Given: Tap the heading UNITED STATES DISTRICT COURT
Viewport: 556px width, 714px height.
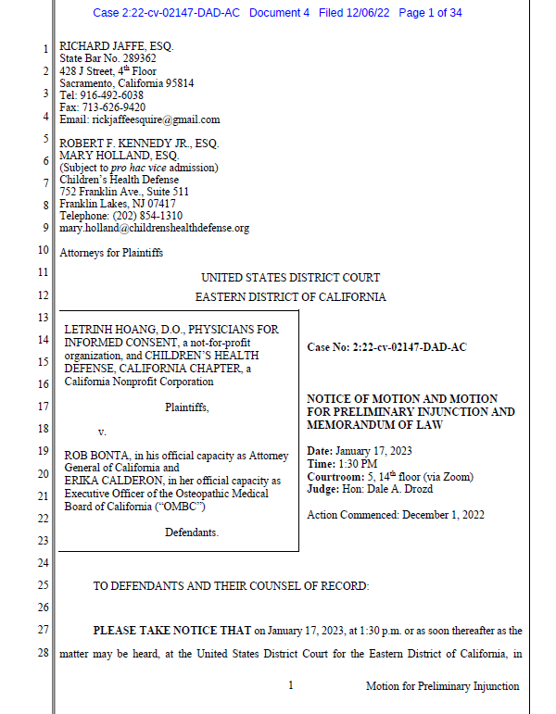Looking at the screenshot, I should (290, 278).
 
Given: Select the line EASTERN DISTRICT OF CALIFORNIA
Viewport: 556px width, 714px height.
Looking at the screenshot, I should (290, 297).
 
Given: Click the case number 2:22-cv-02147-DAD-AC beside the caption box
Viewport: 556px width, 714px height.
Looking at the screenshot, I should (410, 347).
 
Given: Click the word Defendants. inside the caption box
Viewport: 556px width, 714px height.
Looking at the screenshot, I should (193, 532).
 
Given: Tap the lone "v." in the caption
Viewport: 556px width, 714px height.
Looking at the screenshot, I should (102, 432).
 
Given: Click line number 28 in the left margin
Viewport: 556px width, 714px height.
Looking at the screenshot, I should (44, 655).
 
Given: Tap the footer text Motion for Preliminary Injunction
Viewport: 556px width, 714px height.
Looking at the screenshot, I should (443, 686).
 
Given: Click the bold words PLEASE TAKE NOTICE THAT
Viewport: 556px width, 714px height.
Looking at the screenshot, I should (171, 631).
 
